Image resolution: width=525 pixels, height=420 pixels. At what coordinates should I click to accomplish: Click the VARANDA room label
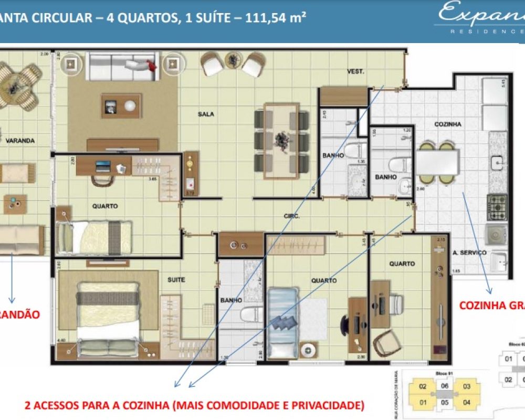(x=20, y=140)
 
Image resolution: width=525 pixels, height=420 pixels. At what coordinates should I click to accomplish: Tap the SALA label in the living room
(x=206, y=114)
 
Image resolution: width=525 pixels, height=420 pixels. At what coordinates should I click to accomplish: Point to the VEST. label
(x=355, y=71)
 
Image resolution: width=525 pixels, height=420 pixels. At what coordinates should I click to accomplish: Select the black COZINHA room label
(x=447, y=124)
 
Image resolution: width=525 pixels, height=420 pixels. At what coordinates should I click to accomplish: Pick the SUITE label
(x=176, y=280)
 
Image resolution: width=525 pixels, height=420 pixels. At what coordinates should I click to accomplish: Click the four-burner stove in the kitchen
(x=497, y=206)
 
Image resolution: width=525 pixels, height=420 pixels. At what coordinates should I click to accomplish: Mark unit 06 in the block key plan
(x=444, y=386)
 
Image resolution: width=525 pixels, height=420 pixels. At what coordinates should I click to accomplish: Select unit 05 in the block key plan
(x=444, y=403)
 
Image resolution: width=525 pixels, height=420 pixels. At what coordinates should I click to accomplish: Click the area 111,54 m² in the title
(x=276, y=17)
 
